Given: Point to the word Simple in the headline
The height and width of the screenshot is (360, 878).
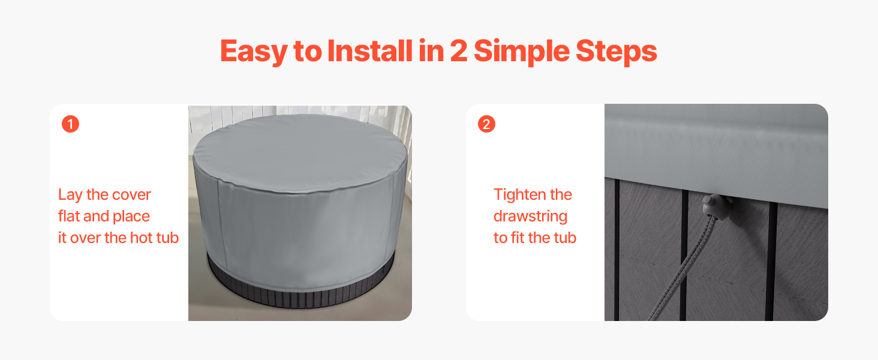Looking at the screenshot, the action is (522, 52).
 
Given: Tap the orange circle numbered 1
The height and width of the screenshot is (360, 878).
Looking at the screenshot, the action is (71, 124).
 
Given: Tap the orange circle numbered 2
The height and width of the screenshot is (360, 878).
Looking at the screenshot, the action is (486, 124).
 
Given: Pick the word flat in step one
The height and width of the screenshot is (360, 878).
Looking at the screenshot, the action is (69, 216).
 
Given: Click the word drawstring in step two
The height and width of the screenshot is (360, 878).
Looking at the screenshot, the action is (530, 217).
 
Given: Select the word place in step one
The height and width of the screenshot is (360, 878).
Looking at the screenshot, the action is (131, 217).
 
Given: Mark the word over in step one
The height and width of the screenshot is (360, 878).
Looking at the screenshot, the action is (85, 238).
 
